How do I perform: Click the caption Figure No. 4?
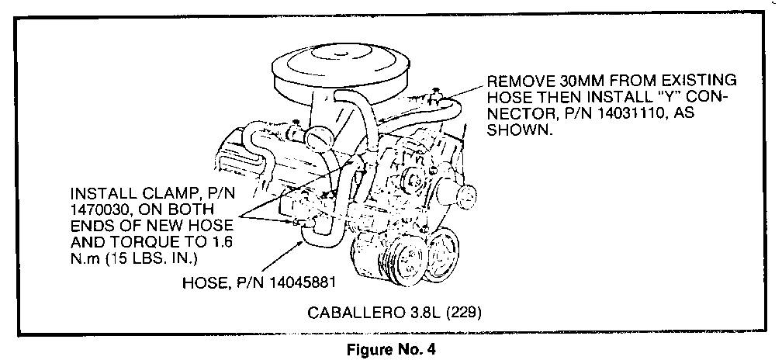tap(391, 350)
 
